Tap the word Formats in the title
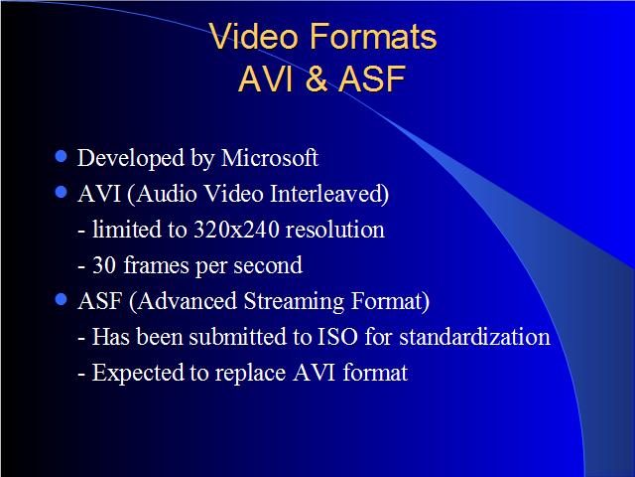[x=373, y=36]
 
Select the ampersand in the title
[x=317, y=79]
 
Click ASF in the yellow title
[x=372, y=79]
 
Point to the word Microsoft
[x=270, y=157]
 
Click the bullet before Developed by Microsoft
[x=61, y=156]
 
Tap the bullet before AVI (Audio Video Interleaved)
[x=61, y=192]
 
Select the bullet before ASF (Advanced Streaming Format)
[x=61, y=300]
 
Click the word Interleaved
[x=329, y=194]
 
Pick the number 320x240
[x=236, y=230]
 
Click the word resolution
[x=335, y=230]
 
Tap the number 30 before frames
[x=104, y=265]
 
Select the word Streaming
[x=294, y=301]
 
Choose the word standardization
[x=474, y=337]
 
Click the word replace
[x=250, y=374]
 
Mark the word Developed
[x=131, y=158]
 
